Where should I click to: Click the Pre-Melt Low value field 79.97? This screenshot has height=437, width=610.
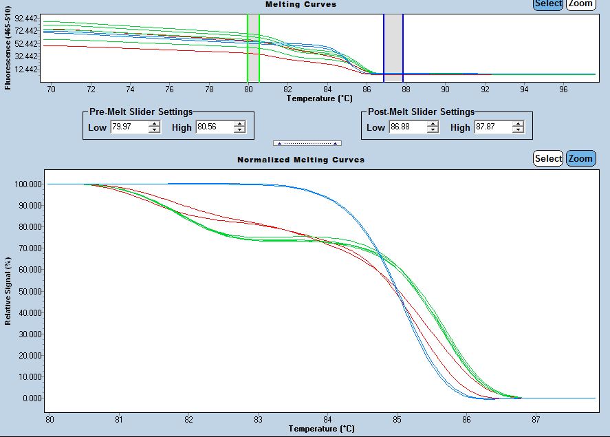(x=128, y=127)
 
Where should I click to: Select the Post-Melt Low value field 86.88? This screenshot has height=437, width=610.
(x=407, y=127)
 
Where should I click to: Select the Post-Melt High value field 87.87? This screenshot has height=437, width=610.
(x=492, y=127)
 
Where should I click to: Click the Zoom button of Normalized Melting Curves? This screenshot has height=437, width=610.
(x=580, y=158)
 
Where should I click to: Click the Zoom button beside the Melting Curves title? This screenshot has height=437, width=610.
(x=580, y=4)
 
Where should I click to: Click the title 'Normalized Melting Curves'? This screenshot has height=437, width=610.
(x=301, y=160)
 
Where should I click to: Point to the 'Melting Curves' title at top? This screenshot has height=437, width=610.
(x=301, y=4)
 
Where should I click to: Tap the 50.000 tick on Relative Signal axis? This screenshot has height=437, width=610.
(x=28, y=291)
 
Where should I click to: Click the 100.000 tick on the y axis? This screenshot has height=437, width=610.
(x=28, y=184)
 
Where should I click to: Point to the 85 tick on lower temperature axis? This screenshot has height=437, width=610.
(x=397, y=418)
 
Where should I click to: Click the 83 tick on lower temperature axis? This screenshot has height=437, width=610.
(x=258, y=418)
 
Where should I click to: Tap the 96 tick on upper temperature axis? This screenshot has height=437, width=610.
(x=564, y=89)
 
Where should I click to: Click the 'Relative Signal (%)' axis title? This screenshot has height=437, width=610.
(x=8, y=290)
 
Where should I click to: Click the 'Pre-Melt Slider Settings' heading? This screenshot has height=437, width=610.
(x=141, y=111)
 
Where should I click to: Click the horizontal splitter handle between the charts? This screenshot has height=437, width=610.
(x=307, y=143)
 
